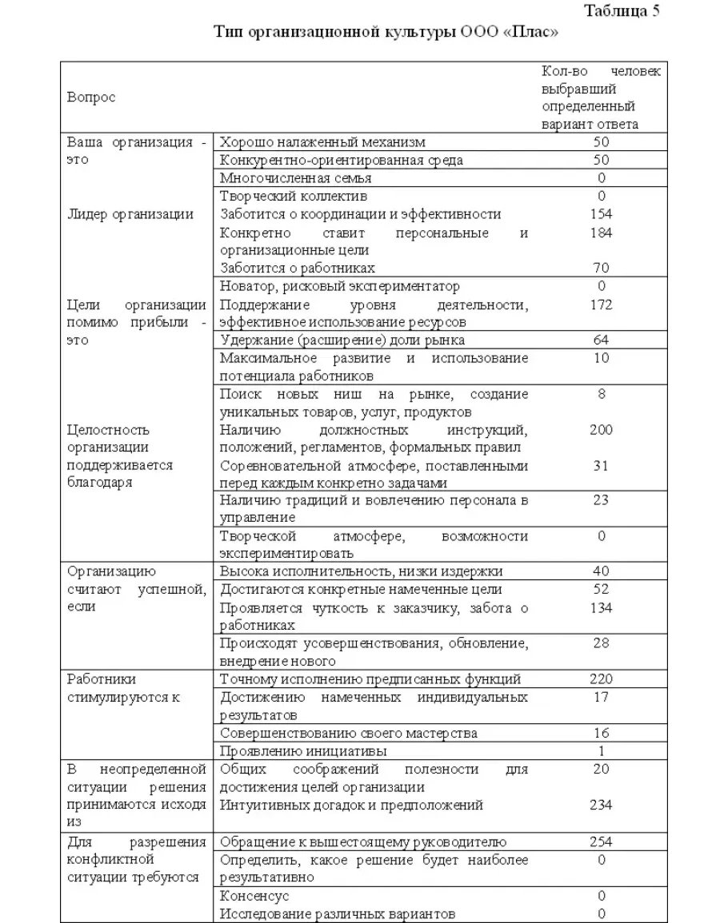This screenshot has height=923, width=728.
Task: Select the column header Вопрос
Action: point(91,97)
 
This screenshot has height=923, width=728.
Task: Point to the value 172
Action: point(601,304)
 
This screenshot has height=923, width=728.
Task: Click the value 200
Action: point(601,430)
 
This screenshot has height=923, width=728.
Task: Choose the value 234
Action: point(601,806)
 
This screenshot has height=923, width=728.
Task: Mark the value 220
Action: point(601,679)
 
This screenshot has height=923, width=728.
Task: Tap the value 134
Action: point(601,608)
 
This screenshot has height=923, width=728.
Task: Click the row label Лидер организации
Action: point(130,214)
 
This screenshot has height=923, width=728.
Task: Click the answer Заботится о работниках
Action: point(297,268)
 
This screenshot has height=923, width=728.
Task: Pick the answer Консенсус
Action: point(254,896)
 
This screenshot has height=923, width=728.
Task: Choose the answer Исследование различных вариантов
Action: point(338,913)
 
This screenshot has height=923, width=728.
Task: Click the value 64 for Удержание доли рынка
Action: point(601,340)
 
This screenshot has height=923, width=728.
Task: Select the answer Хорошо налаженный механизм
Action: point(322,142)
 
